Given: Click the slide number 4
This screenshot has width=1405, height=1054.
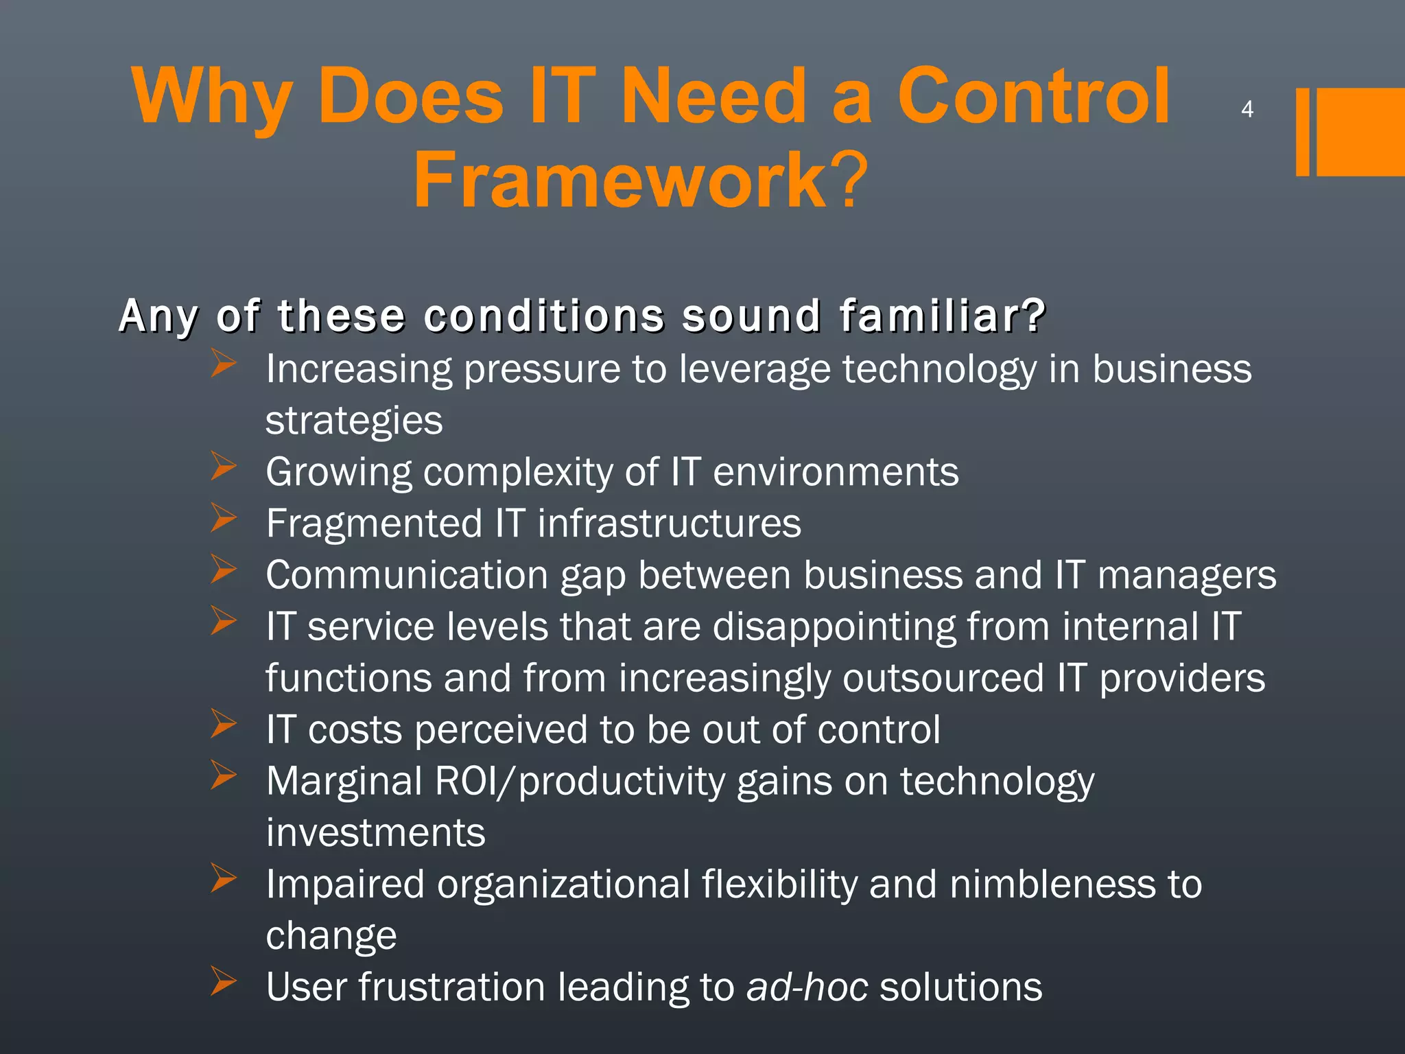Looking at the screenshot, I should tap(1247, 109).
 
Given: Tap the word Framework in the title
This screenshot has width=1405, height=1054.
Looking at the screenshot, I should tap(620, 180).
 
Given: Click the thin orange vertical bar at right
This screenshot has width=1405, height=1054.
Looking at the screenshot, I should tap(1302, 132).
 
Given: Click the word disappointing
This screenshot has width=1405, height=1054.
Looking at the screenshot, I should tap(834, 627).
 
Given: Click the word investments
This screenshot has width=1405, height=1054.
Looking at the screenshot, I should tap(375, 833).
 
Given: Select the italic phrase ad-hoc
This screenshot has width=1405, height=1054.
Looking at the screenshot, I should tap(807, 987).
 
